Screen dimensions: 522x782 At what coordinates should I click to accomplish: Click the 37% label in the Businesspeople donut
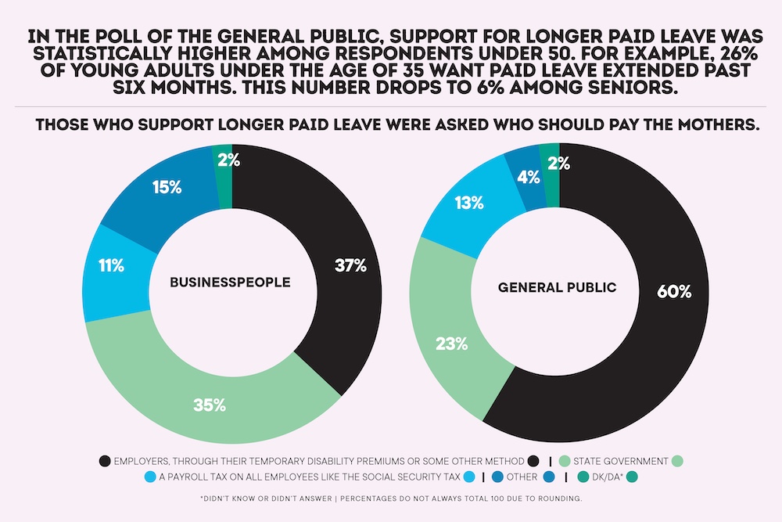[350, 265]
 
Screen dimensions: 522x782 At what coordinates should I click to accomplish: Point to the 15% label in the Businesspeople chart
[167, 188]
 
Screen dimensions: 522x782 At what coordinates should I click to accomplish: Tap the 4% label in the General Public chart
[528, 177]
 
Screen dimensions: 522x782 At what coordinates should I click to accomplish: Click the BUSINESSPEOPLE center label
[230, 282]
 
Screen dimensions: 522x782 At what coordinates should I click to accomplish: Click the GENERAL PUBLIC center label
[558, 287]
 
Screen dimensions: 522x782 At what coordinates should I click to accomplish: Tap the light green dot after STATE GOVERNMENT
[677, 461]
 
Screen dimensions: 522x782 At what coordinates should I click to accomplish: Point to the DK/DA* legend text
[604, 477]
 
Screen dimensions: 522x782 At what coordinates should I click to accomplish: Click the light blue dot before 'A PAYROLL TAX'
[150, 477]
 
